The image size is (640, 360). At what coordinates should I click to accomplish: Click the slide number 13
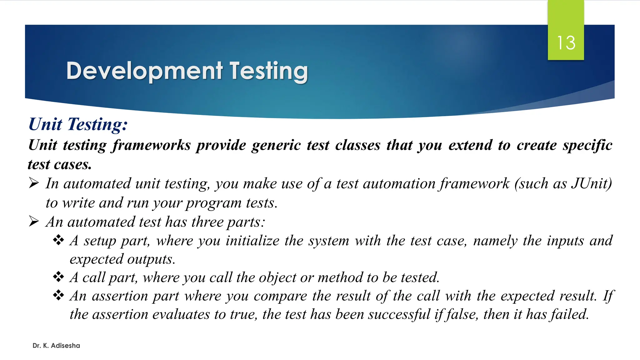point(566,43)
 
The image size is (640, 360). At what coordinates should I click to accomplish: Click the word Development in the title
point(144,71)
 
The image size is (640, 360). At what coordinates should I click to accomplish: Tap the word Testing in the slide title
point(269,71)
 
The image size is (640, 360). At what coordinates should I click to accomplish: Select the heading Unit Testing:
point(78,124)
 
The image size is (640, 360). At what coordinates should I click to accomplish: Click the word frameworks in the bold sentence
point(152,145)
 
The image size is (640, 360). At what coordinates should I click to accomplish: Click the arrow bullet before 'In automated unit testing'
point(34,183)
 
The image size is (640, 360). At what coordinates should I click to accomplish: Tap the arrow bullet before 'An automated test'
point(34,222)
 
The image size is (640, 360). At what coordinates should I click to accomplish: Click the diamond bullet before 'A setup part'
point(58,240)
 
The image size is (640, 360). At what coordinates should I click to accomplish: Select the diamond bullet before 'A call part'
point(58,277)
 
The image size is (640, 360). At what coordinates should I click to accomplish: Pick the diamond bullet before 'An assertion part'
point(58,295)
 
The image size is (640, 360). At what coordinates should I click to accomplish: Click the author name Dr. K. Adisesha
point(56,346)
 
